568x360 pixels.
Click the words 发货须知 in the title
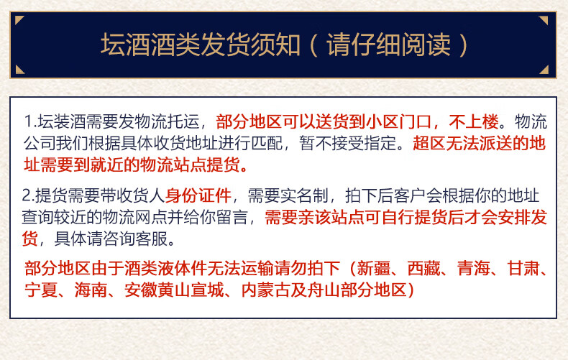click(250, 45)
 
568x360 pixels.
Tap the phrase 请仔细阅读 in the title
click(388, 45)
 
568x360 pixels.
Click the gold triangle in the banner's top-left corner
click(19, 20)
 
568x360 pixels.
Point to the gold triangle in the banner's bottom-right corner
click(544, 70)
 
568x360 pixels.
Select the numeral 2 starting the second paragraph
click(26, 195)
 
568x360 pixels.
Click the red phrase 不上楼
click(474, 121)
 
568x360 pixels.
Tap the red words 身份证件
click(198, 195)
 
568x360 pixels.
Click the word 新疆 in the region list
click(373, 268)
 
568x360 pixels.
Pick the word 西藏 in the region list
click(423, 268)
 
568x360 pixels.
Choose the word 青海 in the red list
click(473, 268)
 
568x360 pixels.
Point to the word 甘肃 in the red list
click(523, 268)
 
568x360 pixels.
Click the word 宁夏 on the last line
click(41, 290)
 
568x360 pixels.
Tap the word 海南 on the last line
click(91, 290)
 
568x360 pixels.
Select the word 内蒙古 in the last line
click(266, 290)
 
